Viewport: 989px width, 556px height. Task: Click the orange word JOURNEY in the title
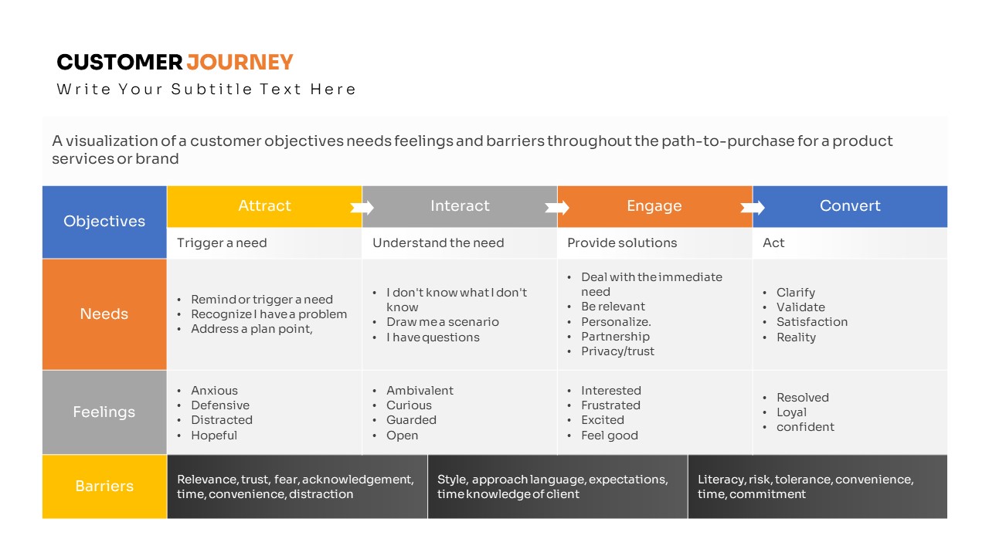240,63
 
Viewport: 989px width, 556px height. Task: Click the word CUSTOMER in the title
119,63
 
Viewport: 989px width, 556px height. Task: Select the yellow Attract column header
264,206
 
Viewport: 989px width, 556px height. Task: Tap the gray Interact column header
460,206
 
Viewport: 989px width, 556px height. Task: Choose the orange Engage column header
654,206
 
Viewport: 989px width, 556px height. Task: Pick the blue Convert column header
850,206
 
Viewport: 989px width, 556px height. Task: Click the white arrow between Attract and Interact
362,208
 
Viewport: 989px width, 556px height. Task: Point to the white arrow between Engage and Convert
753,208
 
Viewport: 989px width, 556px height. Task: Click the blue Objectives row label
104,222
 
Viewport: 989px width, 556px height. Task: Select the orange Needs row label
104,314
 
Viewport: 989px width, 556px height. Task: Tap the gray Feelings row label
104,412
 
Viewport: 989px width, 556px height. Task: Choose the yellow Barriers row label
104,486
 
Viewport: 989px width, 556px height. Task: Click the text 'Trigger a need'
222,242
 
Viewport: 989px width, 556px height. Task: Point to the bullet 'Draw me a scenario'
443,322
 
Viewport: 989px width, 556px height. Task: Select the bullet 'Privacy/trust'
617,351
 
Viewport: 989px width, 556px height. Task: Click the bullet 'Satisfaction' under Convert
812,322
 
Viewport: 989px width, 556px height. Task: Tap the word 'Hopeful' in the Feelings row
214,436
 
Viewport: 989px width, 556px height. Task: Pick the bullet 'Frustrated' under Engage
610,405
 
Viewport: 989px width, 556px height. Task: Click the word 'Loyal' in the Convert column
792,412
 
